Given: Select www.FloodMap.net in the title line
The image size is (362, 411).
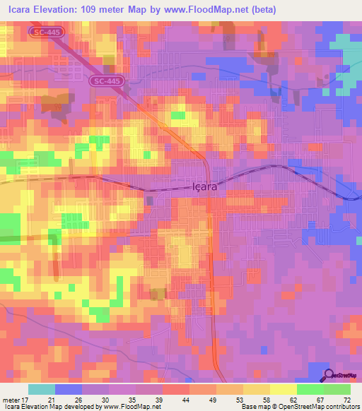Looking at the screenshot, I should [209, 10].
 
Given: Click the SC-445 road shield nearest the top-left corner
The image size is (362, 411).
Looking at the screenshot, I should [45, 32].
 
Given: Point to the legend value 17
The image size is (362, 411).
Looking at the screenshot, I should [28, 399].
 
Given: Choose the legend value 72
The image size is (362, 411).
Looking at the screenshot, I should [346, 399].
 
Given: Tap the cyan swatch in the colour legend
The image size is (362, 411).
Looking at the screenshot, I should [42, 389].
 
